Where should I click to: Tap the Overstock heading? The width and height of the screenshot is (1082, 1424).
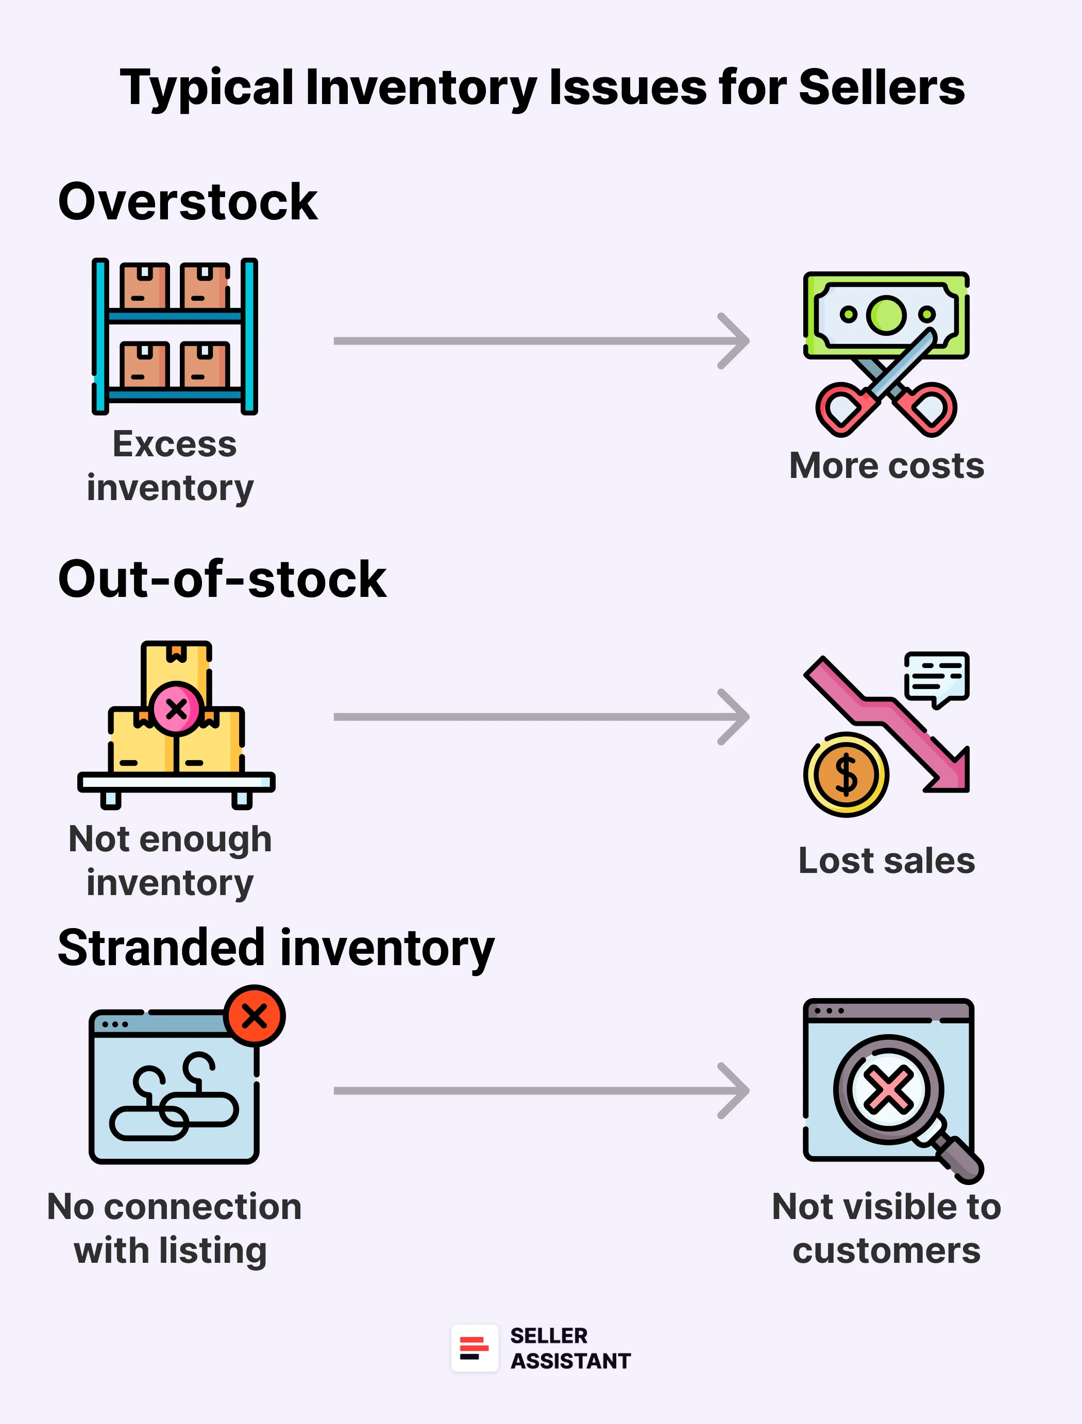pyautogui.click(x=188, y=202)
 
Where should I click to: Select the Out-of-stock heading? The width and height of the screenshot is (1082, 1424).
pyautogui.click(x=222, y=579)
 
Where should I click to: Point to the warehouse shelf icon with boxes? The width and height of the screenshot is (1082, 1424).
pyautogui.click(x=175, y=336)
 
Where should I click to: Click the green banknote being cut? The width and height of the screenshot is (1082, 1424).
pyautogui.click(x=886, y=314)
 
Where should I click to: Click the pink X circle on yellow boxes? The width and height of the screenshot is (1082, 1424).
pyautogui.click(x=176, y=709)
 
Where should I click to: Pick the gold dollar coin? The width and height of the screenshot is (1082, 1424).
pyautogui.click(x=846, y=775)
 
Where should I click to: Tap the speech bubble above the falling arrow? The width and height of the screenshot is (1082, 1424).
pyautogui.click(x=937, y=677)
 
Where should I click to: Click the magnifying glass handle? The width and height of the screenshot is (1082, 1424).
pyautogui.click(x=958, y=1159)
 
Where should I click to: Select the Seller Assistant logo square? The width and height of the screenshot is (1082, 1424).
pyautogui.click(x=475, y=1347)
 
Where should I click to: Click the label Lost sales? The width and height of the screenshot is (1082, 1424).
pyautogui.click(x=886, y=861)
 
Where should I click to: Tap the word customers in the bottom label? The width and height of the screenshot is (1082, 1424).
pyautogui.click(x=886, y=1251)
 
